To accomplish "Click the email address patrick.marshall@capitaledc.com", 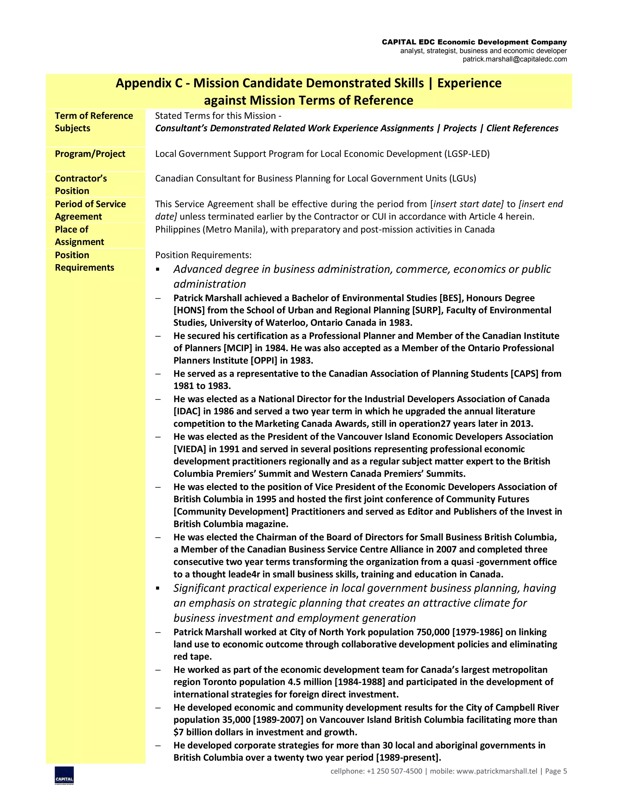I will click(514, 59).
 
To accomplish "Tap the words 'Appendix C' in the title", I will click(149, 83).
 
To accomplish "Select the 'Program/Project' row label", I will click(90, 154).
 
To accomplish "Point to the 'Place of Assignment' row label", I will click(79, 235).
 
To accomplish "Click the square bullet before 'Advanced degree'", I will click(158, 270).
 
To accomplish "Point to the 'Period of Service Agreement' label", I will click(90, 210).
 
